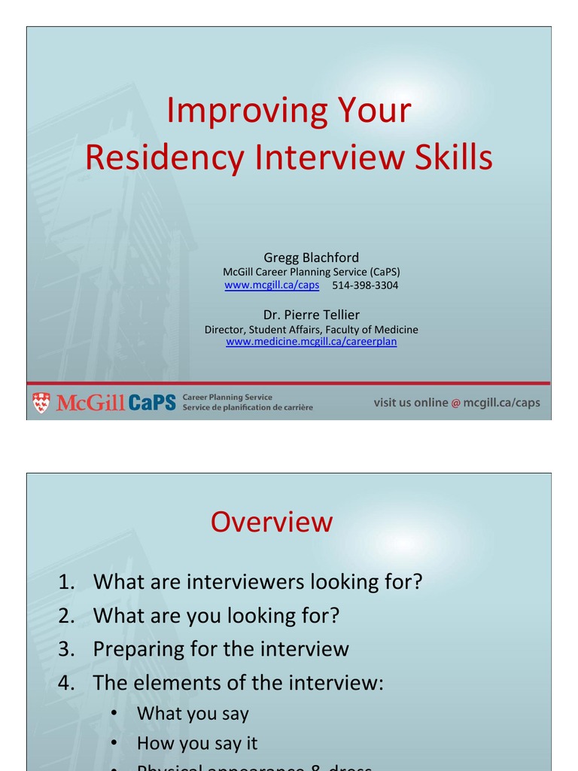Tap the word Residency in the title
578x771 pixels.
pyautogui.click(x=164, y=157)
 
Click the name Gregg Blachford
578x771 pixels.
pyautogui.click(x=311, y=258)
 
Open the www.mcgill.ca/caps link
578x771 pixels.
pyautogui.click(x=272, y=285)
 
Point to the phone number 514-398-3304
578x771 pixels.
pyautogui.click(x=365, y=285)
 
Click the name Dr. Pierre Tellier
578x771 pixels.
pyautogui.click(x=311, y=314)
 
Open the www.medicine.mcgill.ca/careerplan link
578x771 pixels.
pyautogui.click(x=311, y=342)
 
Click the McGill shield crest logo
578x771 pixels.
pyautogui.click(x=41, y=403)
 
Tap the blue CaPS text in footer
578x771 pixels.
pyautogui.click(x=151, y=403)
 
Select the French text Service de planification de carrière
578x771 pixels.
pyautogui.click(x=248, y=408)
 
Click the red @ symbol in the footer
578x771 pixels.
pyautogui.click(x=455, y=404)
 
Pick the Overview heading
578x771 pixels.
pyautogui.click(x=271, y=522)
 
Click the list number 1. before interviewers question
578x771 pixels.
pyautogui.click(x=67, y=582)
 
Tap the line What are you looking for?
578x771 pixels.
pyautogui.click(x=216, y=616)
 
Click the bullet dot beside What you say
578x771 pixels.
pyautogui.click(x=114, y=714)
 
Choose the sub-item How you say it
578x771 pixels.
pyautogui.click(x=196, y=743)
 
